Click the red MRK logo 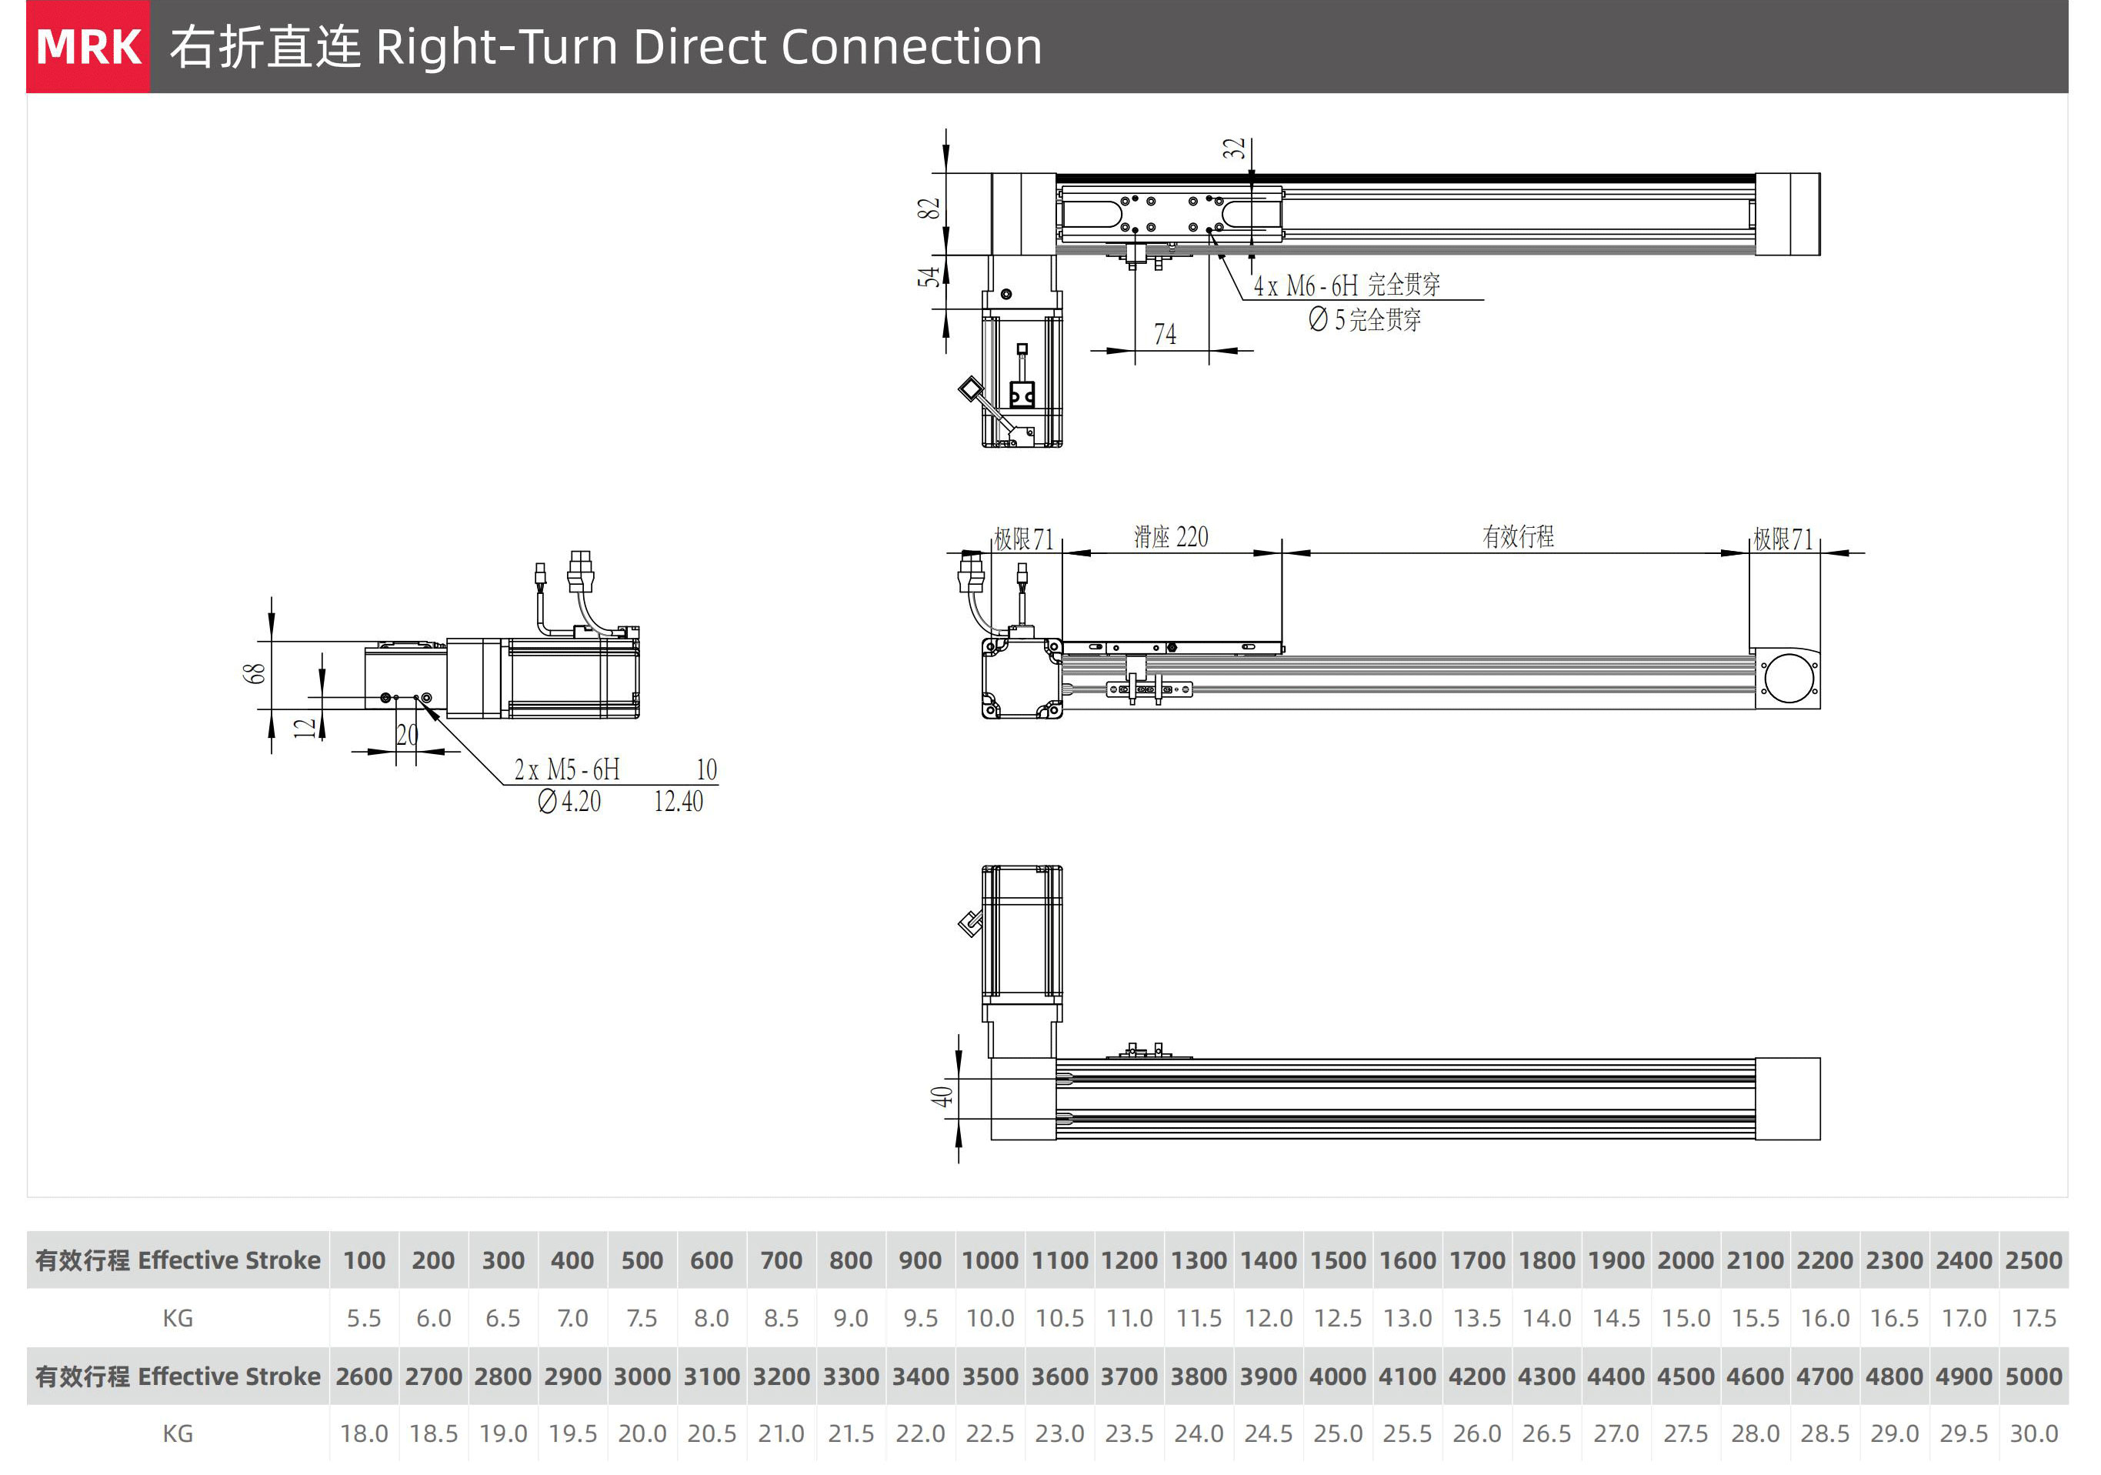tap(88, 47)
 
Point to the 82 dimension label tap(929, 209)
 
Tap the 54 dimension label tap(929, 276)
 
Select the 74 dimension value tap(1165, 334)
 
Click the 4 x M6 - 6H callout tap(1306, 285)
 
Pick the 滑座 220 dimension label tap(1170, 537)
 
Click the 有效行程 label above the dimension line tap(1518, 536)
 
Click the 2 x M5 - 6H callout tap(566, 769)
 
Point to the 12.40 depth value tap(678, 802)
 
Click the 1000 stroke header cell tap(989, 1260)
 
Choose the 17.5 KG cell tap(2033, 1317)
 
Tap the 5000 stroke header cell tap(2033, 1377)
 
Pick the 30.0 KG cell tap(2033, 1433)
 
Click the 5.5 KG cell tap(363, 1317)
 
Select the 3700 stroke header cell tap(1129, 1377)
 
